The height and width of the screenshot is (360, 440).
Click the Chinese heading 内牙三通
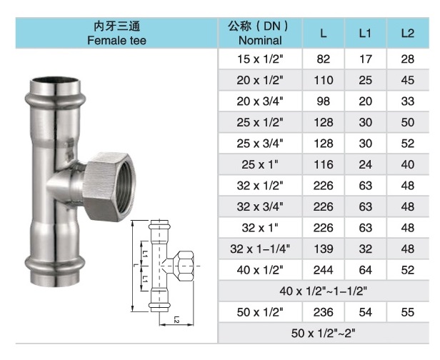[116, 25]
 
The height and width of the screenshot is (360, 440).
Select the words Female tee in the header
[116, 41]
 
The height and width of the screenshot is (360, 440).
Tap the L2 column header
[407, 33]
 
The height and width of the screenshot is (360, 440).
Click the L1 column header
[366, 33]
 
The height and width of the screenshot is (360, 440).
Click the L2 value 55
[407, 312]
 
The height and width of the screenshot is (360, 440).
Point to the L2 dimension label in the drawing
[175, 321]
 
